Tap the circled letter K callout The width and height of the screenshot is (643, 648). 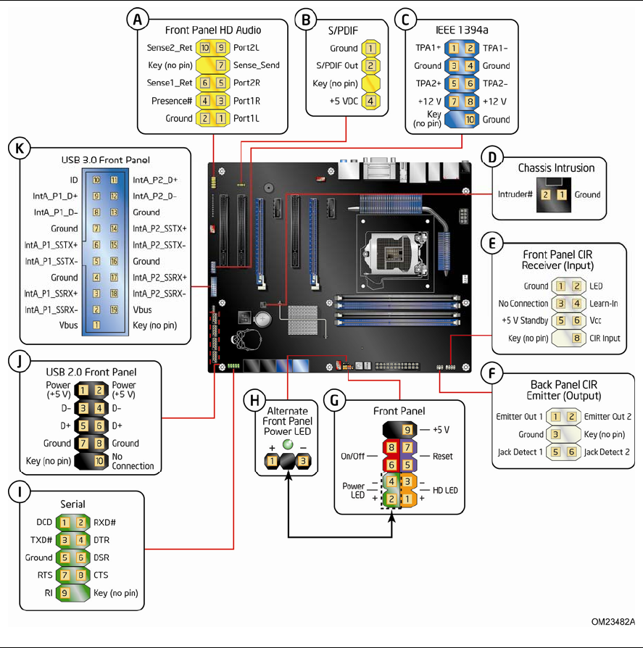(19, 149)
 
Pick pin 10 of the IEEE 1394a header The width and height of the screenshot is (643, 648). (470, 119)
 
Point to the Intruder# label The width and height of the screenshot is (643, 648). (516, 194)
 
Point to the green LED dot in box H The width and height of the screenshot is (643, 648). (288, 444)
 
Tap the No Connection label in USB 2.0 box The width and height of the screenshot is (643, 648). (133, 461)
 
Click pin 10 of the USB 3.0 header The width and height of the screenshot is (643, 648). (96, 178)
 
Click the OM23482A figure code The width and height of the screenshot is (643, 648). (613, 621)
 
